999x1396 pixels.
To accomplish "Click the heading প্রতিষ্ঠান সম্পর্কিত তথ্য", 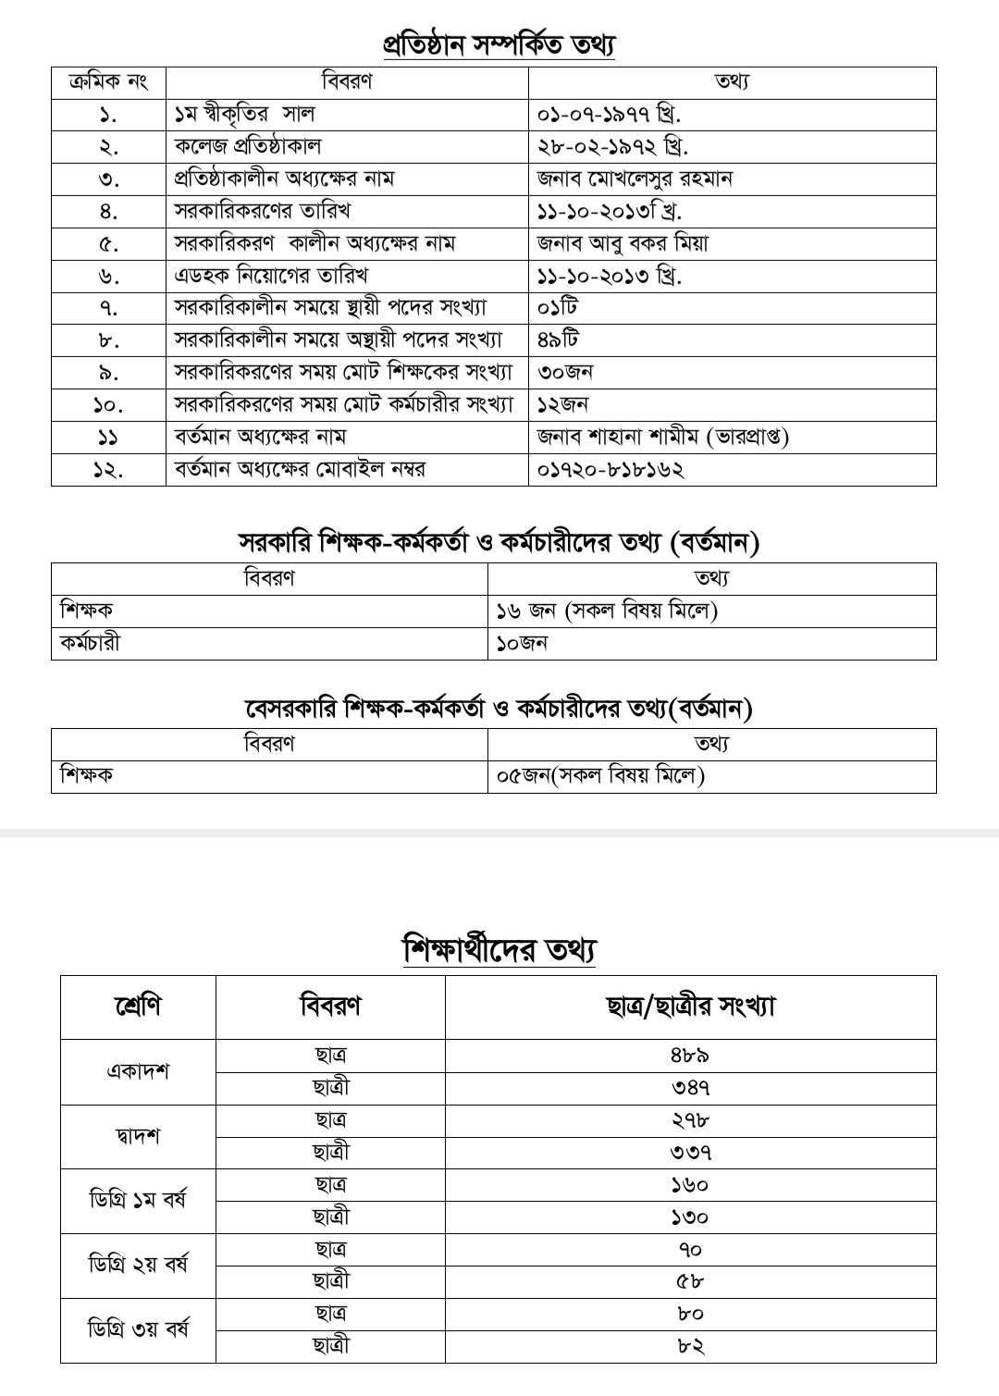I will (499, 44).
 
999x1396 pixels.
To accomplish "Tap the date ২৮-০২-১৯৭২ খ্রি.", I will (612, 147).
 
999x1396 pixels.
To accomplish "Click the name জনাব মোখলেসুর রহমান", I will (635, 179).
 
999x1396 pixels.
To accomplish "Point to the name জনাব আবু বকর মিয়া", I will (623, 243).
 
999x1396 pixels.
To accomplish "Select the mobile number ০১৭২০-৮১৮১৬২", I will (610, 469).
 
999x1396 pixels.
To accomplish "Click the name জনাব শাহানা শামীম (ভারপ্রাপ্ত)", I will (662, 437).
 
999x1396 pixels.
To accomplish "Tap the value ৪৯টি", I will (558, 340).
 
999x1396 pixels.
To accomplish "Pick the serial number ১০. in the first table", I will (108, 404).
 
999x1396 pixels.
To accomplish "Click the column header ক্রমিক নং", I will (108, 81).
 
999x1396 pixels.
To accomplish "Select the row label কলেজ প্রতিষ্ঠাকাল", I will (248, 147).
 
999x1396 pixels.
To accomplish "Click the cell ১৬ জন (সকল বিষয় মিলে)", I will (607, 611).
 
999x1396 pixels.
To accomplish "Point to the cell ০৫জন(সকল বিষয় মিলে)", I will (600, 776).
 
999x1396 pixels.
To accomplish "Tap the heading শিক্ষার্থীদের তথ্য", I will (499, 950).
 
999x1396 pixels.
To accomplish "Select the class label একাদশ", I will (138, 1071).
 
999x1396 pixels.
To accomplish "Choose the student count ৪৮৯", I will (690, 1056).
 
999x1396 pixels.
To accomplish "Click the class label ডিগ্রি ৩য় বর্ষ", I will (139, 1329).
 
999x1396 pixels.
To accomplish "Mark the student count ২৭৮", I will (690, 1120).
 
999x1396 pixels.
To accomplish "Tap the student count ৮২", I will (690, 1346).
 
